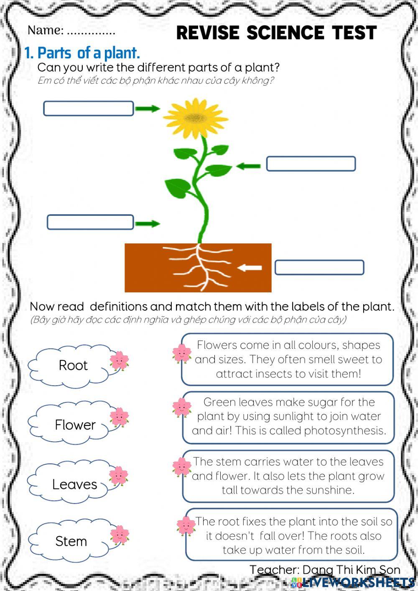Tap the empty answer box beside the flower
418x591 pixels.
click(88, 108)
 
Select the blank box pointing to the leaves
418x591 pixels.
click(311, 164)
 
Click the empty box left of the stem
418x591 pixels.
click(90, 222)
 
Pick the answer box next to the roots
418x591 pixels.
click(319, 267)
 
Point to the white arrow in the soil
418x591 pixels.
click(250, 268)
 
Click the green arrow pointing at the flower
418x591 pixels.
click(148, 109)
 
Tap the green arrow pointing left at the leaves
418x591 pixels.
click(248, 166)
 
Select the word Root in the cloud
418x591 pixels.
click(73, 365)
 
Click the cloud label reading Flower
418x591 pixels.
click(75, 425)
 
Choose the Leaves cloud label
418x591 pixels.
click(74, 484)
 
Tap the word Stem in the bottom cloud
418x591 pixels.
click(71, 541)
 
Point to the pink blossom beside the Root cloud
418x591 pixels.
click(120, 361)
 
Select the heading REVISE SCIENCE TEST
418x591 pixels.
click(276, 33)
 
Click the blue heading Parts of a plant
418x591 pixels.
click(82, 53)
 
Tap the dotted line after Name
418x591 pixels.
click(91, 31)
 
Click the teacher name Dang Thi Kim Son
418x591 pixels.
click(351, 569)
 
